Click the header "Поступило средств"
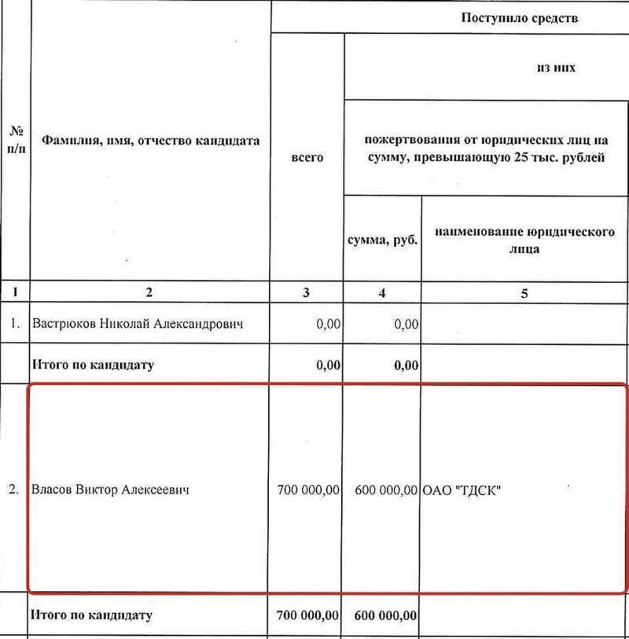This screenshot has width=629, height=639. tap(519, 17)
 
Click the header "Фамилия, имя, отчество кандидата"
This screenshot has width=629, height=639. tap(150, 141)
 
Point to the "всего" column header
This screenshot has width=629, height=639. tap(307, 157)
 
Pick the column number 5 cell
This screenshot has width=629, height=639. tap(524, 293)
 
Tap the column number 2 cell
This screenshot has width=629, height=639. tap(149, 293)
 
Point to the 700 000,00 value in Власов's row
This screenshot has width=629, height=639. tap(308, 490)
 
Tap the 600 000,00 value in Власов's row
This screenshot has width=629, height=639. tap(385, 490)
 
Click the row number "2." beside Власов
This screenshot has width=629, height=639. tap(14, 490)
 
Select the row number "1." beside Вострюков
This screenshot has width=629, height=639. tap(14, 324)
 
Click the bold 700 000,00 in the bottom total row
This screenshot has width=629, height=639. tap(308, 615)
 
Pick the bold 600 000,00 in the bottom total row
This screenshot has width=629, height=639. tap(385, 615)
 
